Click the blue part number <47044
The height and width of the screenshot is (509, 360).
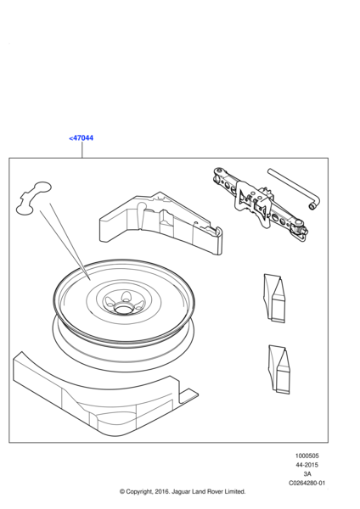point(82,138)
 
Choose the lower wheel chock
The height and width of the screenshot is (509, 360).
point(279,370)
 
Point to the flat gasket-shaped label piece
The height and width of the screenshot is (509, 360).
point(33,198)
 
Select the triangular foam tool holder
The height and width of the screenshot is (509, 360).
point(161,224)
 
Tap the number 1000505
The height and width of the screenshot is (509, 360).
point(307,456)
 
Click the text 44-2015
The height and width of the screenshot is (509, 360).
point(307,465)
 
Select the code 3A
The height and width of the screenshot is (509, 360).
point(307,474)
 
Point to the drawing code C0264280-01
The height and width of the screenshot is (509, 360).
point(307,483)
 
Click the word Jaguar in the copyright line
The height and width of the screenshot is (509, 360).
point(181,492)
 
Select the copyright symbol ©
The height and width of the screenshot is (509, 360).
point(122,492)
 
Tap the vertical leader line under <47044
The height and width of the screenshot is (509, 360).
point(82,150)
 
